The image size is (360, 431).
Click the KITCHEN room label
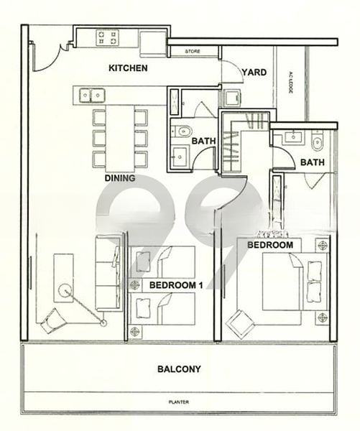128,69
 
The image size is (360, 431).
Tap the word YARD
255,72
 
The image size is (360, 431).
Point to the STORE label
193,52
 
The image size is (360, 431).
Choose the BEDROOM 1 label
175,285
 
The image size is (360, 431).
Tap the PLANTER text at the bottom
178,402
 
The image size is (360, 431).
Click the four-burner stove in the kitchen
107,37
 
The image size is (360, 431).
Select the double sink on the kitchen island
91,94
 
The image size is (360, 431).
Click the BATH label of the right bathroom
312,163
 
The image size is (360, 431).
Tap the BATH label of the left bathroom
203,141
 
